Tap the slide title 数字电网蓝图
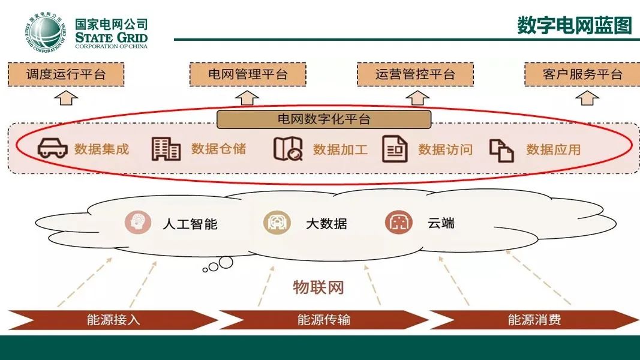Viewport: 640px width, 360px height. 574,25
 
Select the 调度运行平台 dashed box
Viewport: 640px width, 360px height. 65,74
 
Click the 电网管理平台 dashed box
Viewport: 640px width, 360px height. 248,74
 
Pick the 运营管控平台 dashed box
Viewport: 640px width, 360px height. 415,74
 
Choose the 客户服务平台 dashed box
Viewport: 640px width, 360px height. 582,74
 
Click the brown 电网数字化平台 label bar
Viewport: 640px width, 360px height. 324,119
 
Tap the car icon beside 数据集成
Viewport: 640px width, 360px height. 52,149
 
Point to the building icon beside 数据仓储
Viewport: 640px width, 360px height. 166,149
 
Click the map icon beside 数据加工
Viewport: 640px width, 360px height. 288,149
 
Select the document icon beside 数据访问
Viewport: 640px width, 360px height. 395,149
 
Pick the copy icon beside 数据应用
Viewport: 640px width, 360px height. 501,150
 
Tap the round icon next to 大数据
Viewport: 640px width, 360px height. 277,223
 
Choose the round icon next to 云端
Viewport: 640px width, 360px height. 398,223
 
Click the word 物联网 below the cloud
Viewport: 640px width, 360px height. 318,287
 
